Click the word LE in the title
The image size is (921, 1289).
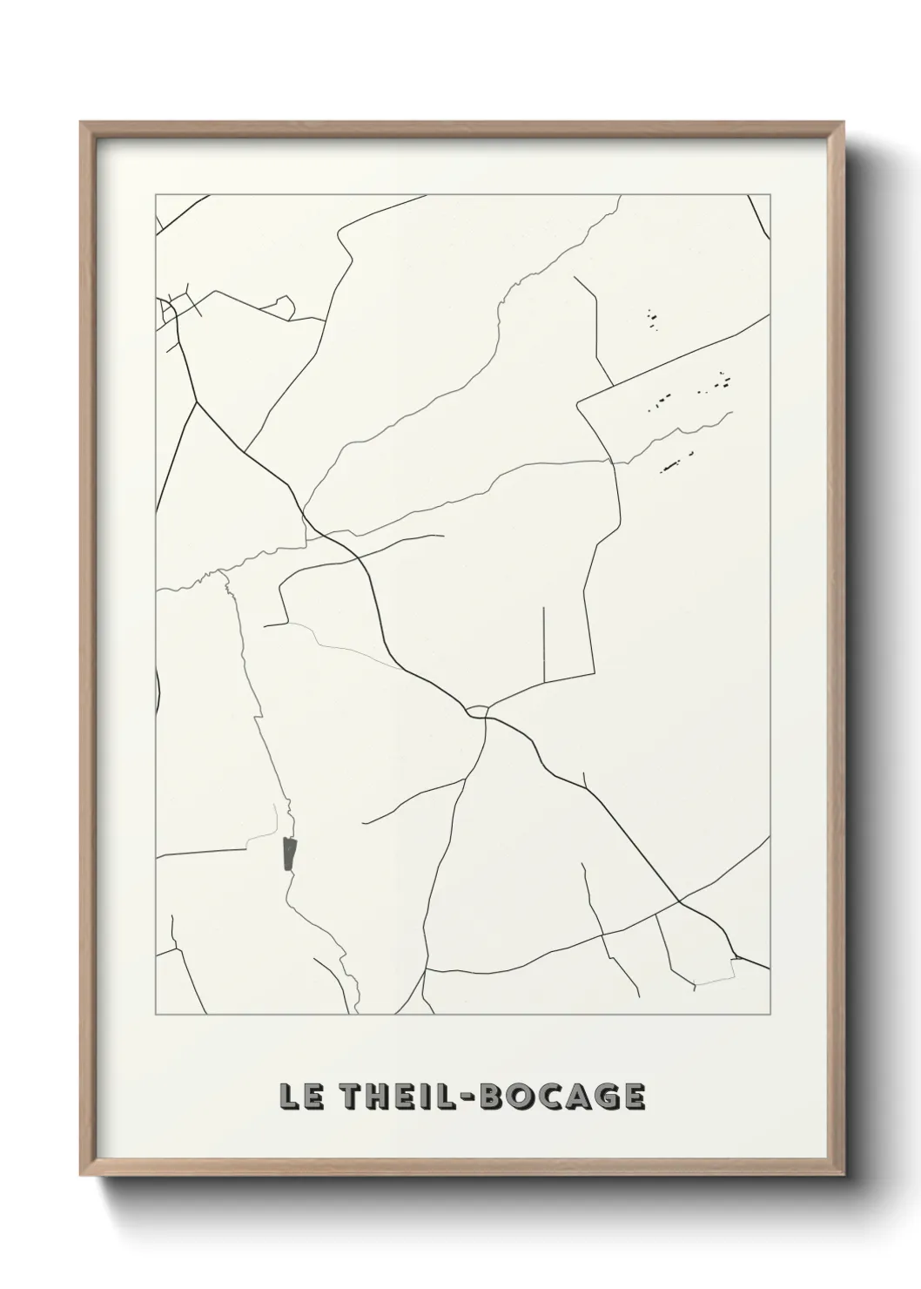[x=298, y=1097]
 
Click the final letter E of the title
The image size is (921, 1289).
[x=633, y=1097]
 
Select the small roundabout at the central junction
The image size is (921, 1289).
[x=476, y=712]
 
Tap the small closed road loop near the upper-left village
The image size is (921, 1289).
[x=284, y=304]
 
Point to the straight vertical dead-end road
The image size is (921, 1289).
[x=544, y=644]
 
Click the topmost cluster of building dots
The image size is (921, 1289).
[x=652, y=320]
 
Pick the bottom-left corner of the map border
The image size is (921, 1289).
[x=155, y=1016]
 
